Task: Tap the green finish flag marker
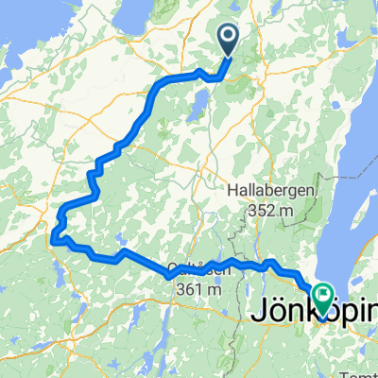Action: click(322, 299)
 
